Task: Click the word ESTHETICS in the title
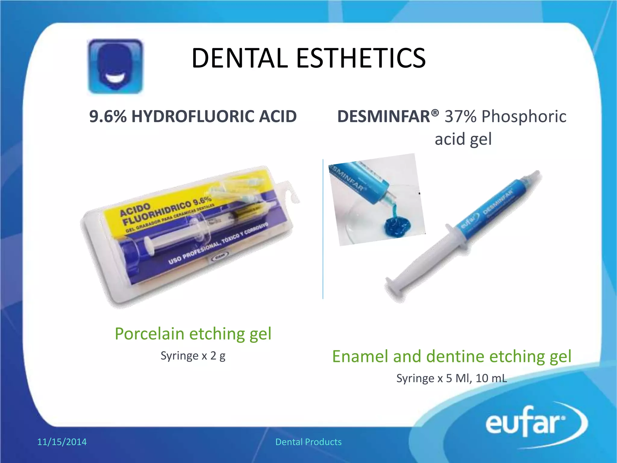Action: pos(361,58)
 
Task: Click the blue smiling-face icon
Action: pos(115,66)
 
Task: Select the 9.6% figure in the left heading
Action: pos(108,116)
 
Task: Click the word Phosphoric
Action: pos(524,116)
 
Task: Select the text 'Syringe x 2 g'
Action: pos(193,356)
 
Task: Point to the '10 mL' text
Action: pos(491,378)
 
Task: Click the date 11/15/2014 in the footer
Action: pos(62,442)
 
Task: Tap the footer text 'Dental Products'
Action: pos(308,442)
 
